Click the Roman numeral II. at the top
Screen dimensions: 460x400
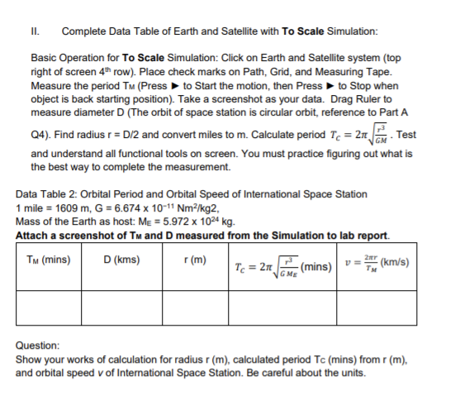[36, 31]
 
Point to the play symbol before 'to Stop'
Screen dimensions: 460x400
[330, 87]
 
